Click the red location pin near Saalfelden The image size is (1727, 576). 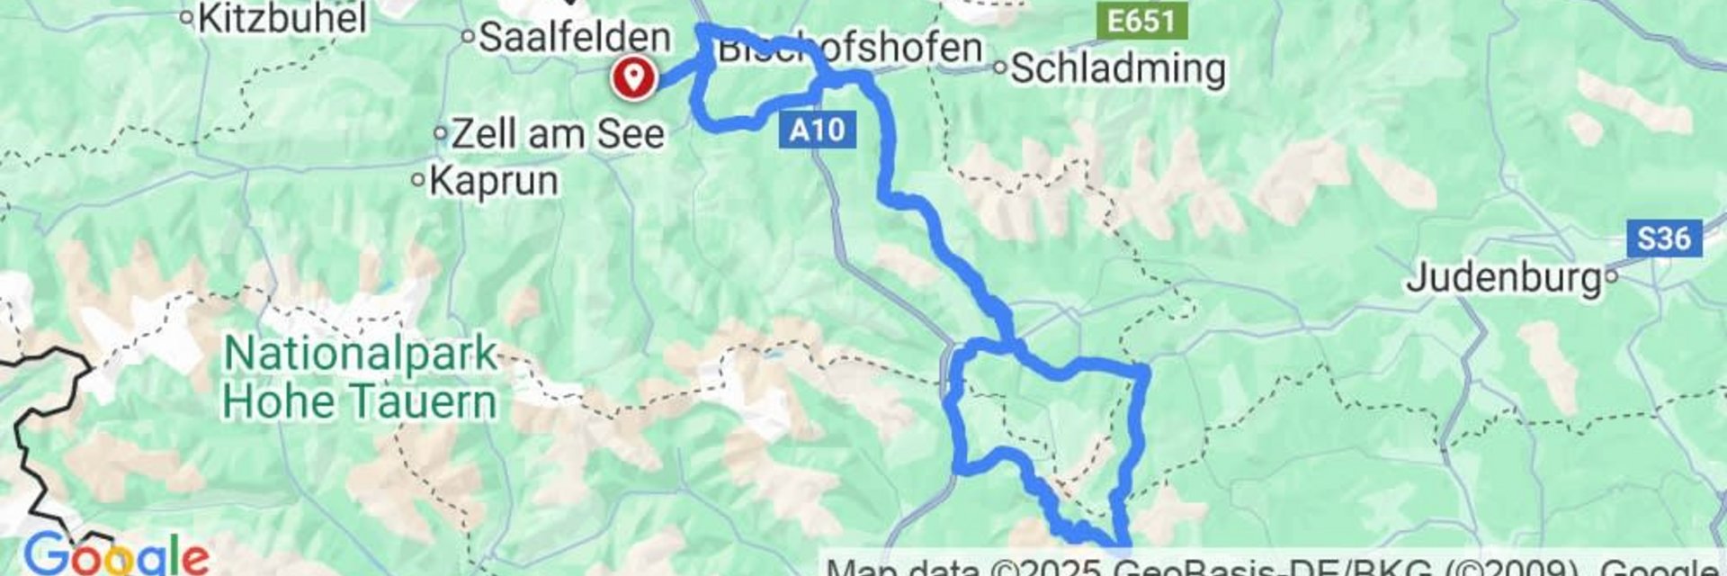tap(634, 76)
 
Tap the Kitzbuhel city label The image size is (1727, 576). tap(282, 18)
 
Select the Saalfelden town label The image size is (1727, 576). tap(575, 38)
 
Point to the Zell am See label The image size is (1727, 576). tap(558, 134)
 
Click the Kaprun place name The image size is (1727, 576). tap(494, 181)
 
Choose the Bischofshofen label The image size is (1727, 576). tap(849, 48)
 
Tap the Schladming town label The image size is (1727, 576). tap(1118, 68)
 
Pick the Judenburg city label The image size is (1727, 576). tap(1504, 277)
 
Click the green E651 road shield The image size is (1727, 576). tap(1141, 20)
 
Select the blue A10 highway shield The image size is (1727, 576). tap(817, 130)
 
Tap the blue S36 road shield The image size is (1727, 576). tap(1663, 238)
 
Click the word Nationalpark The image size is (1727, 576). tap(360, 354)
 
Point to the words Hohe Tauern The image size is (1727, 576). tap(360, 401)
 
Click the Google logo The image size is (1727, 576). tap(115, 554)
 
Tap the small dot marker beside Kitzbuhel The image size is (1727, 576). tap(187, 17)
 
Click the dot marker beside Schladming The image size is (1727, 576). tap(999, 67)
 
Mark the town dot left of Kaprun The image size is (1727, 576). tap(417, 180)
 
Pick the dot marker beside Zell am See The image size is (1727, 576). tap(441, 133)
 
